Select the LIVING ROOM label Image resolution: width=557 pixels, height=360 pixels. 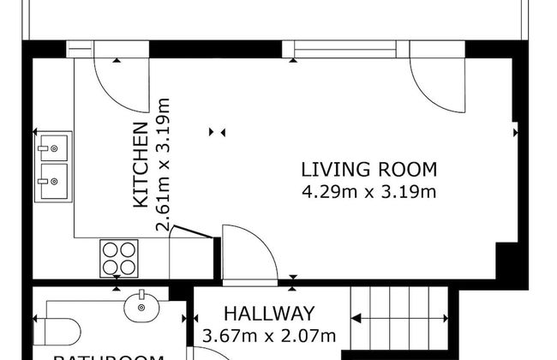[x=369, y=169]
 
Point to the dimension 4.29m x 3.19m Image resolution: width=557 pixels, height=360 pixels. [x=369, y=191]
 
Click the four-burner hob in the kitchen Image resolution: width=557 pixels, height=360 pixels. [x=119, y=257]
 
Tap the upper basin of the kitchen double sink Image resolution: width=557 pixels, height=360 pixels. [x=53, y=147]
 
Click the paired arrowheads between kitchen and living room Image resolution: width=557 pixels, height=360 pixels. [x=218, y=132]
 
